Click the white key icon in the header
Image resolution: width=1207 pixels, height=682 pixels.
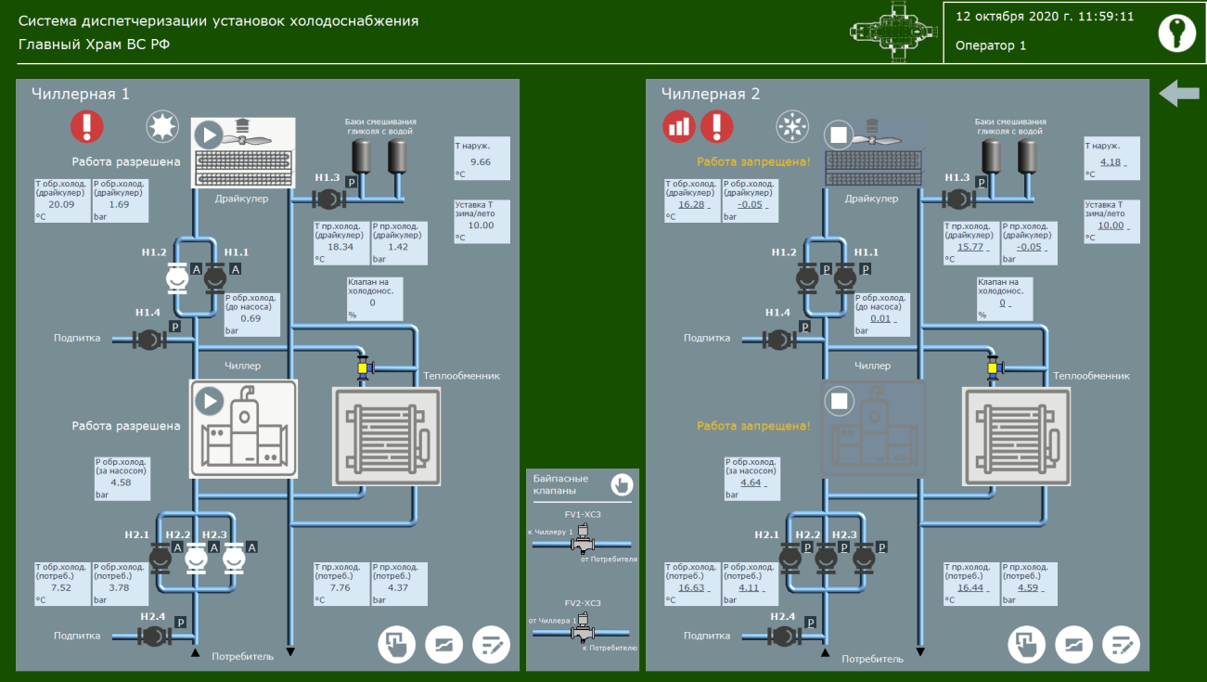click(1176, 32)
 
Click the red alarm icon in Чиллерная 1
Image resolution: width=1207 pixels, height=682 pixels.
click(87, 125)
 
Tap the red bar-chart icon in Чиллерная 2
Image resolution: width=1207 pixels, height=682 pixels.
click(678, 126)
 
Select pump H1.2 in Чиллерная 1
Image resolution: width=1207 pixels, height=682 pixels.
click(177, 277)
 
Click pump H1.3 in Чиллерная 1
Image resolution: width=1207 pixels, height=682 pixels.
click(327, 198)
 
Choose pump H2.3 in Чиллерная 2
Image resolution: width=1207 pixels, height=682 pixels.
click(864, 558)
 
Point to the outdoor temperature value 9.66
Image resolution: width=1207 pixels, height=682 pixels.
click(481, 161)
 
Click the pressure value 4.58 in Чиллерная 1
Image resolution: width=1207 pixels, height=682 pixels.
click(121, 483)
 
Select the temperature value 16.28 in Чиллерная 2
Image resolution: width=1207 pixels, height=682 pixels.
click(691, 204)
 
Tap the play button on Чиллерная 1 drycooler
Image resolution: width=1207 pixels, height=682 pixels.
click(209, 135)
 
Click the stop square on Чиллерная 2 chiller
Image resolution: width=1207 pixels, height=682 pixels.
click(841, 402)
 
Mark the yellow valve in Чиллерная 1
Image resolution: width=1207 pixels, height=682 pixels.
click(363, 368)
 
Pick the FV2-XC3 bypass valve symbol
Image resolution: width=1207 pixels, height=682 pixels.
click(583, 632)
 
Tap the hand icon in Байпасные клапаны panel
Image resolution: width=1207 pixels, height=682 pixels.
click(621, 483)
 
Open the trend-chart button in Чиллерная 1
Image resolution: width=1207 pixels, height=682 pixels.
click(443, 644)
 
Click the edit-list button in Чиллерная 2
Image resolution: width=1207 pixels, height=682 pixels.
click(1122, 644)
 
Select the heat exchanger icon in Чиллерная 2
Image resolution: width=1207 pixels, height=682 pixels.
click(1016, 436)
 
